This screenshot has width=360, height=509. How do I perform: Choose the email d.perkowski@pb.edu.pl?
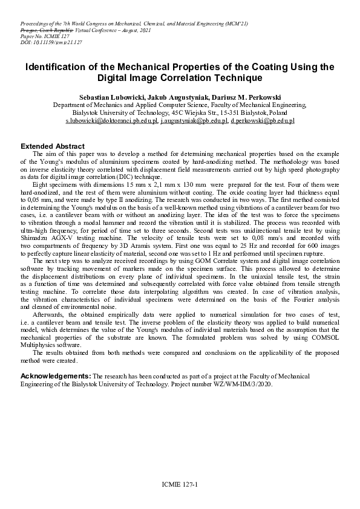coord(262,121)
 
